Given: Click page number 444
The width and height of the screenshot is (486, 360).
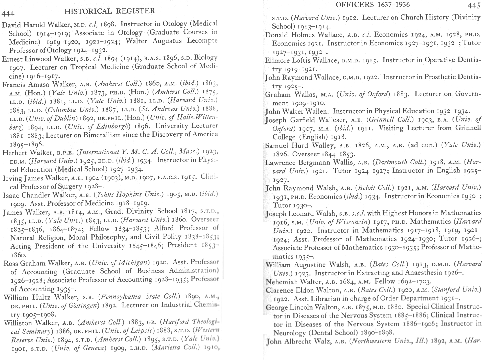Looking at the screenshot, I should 8,14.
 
